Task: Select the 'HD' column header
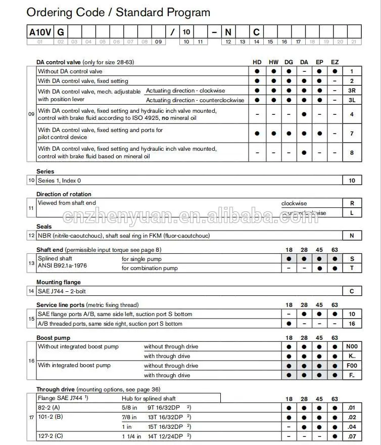point(257,62)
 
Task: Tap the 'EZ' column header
point(335,62)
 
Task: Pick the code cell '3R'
point(352,91)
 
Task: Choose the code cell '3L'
point(352,100)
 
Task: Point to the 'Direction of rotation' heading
point(64,194)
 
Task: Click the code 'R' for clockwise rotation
point(352,203)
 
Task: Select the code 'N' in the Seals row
point(352,236)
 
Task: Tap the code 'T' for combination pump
point(352,268)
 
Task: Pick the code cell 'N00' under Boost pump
point(352,347)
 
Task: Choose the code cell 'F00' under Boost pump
point(352,366)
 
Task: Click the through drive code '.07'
point(352,436)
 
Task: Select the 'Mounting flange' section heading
point(58,282)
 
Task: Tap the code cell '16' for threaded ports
point(352,324)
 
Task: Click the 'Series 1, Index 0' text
point(59,181)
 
